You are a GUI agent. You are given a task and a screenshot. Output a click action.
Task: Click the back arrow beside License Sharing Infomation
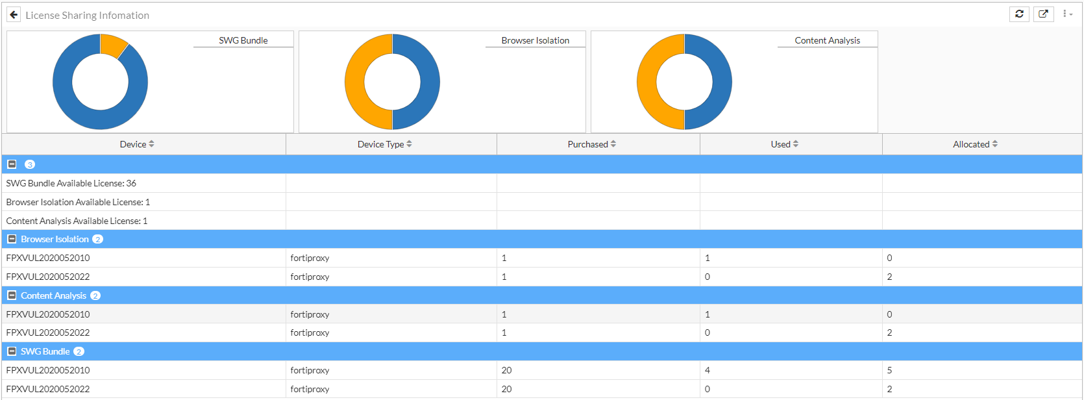click(x=14, y=15)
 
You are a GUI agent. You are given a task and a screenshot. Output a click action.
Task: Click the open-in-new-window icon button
click(x=1043, y=14)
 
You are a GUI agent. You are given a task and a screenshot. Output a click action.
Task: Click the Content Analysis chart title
click(x=827, y=40)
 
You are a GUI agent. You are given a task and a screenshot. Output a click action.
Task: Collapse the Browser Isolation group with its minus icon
click(x=12, y=239)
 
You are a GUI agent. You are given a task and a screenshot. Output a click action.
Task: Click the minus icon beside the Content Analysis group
click(x=12, y=295)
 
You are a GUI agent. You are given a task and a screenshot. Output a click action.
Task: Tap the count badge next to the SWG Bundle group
click(x=79, y=351)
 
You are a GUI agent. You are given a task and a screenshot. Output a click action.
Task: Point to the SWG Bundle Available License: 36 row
click(x=71, y=183)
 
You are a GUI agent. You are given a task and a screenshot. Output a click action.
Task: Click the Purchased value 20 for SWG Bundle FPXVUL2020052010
click(x=507, y=370)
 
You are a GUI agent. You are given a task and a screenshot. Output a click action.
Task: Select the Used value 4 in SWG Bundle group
click(x=708, y=370)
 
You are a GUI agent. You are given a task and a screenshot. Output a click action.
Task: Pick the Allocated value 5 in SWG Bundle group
click(x=889, y=370)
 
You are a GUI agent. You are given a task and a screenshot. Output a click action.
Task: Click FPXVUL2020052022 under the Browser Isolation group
click(x=48, y=277)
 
